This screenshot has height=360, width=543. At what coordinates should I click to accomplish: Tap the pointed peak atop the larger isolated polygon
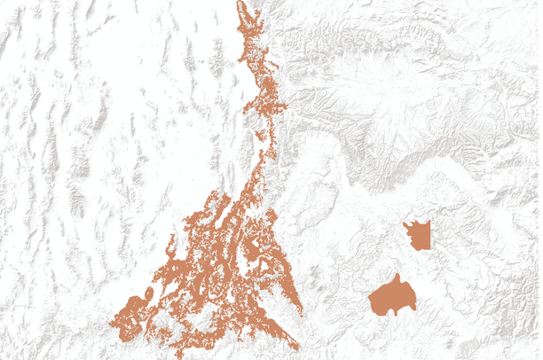pyautogui.click(x=399, y=276)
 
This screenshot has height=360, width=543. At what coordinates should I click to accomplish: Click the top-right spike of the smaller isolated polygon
pyautogui.click(x=429, y=222)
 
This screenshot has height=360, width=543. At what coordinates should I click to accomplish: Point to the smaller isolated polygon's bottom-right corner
pyautogui.click(x=430, y=247)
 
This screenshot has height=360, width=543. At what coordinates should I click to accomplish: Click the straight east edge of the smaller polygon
pyautogui.click(x=431, y=236)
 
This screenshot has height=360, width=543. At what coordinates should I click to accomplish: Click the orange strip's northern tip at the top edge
pyautogui.click(x=241, y=4)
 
